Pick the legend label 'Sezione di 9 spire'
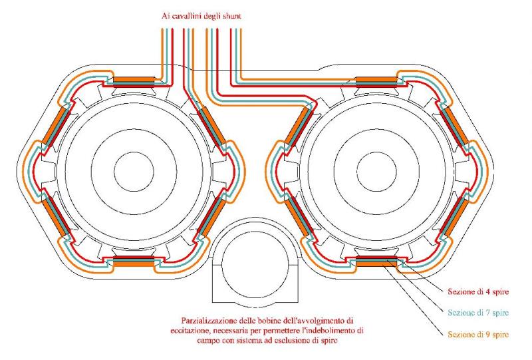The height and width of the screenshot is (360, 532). [476, 333]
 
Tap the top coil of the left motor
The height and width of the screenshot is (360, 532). [135, 82]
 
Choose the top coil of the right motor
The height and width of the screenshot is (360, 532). [378, 82]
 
